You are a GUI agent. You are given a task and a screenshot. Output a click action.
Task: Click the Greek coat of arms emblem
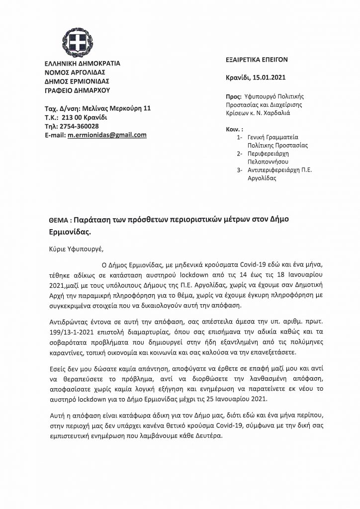80,39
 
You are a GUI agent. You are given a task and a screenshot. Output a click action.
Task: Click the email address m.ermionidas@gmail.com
107,135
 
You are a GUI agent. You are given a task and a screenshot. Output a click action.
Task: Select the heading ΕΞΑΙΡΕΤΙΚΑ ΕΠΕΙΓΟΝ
257,59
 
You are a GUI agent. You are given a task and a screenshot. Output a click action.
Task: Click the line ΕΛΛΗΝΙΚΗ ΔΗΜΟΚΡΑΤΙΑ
82,64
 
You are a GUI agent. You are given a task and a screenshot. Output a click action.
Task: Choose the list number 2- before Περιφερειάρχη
240,154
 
